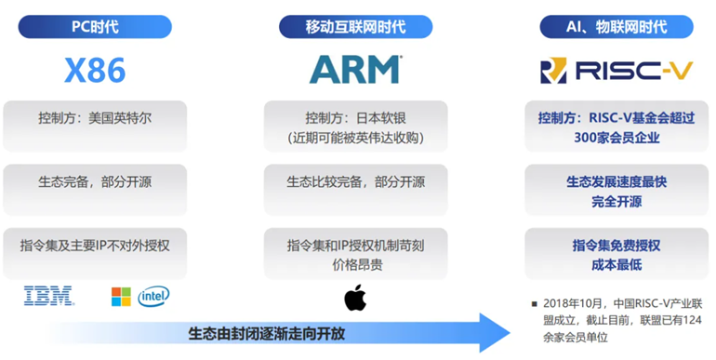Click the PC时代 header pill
tap(95, 27)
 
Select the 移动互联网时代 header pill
tap(356, 27)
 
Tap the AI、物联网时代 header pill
tap(617, 27)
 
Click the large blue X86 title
tap(95, 70)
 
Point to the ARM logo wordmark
tap(356, 70)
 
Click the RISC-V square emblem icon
tap(553, 71)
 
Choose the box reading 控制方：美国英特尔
tap(95, 127)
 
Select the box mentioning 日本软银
tap(356, 127)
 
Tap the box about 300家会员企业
tap(617, 127)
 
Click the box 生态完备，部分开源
tap(95, 190)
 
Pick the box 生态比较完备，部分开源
tap(356, 190)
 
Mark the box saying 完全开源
tap(617, 190)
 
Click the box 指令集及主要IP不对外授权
tap(95, 253)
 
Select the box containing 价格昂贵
tap(356, 253)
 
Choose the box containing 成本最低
tap(617, 253)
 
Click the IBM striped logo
tap(49, 296)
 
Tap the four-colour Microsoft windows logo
tap(121, 297)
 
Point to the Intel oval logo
tap(153, 297)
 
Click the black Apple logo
tap(355, 298)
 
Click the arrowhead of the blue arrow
tap(496, 333)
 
